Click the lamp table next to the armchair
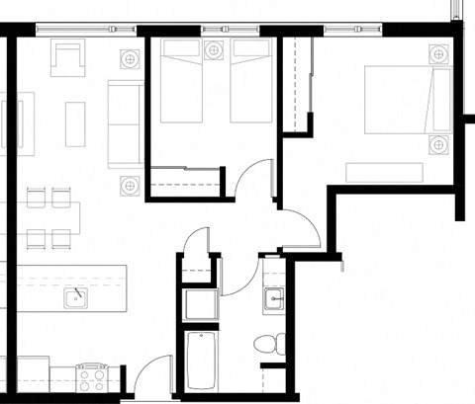[x=130, y=58]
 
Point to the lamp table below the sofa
[x=129, y=184]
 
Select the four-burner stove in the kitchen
[x=93, y=376]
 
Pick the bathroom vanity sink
[x=274, y=299]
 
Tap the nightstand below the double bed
[x=437, y=147]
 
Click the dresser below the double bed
[x=384, y=172]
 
